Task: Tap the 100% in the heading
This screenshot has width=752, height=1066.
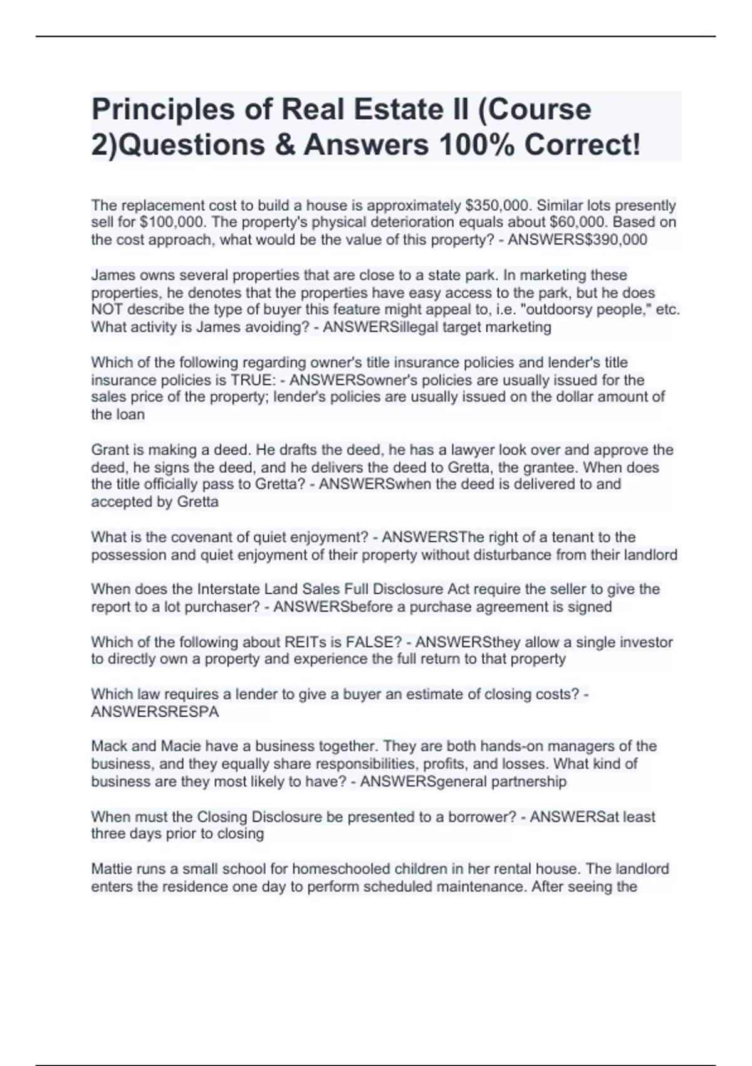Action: [476, 145]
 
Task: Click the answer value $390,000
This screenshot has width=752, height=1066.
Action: [615, 240]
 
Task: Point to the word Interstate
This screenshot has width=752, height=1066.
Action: [228, 589]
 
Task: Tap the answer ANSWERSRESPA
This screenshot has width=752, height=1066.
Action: [155, 712]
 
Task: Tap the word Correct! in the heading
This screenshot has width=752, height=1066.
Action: [583, 145]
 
